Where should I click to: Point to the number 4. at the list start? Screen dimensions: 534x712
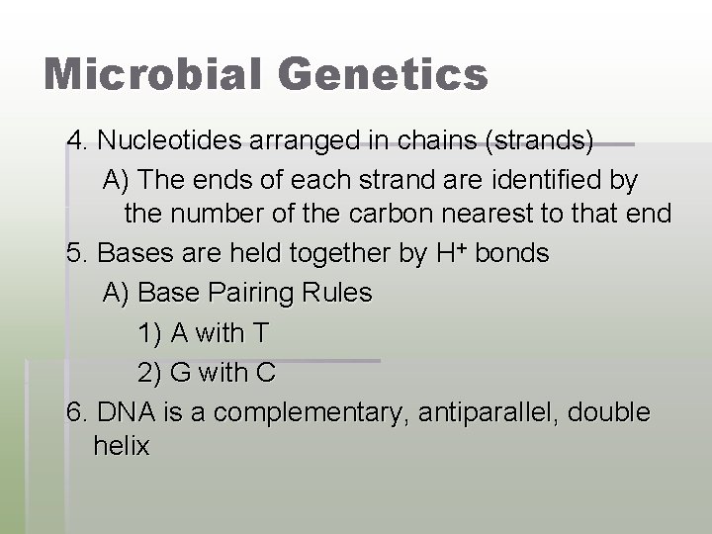[x=77, y=142]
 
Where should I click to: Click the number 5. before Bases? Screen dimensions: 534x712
[x=77, y=253]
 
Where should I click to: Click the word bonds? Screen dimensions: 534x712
[x=512, y=253]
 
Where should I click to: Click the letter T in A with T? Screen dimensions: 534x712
[x=259, y=333]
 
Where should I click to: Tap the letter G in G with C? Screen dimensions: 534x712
[x=181, y=374]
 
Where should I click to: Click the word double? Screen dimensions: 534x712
[x=610, y=413]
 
